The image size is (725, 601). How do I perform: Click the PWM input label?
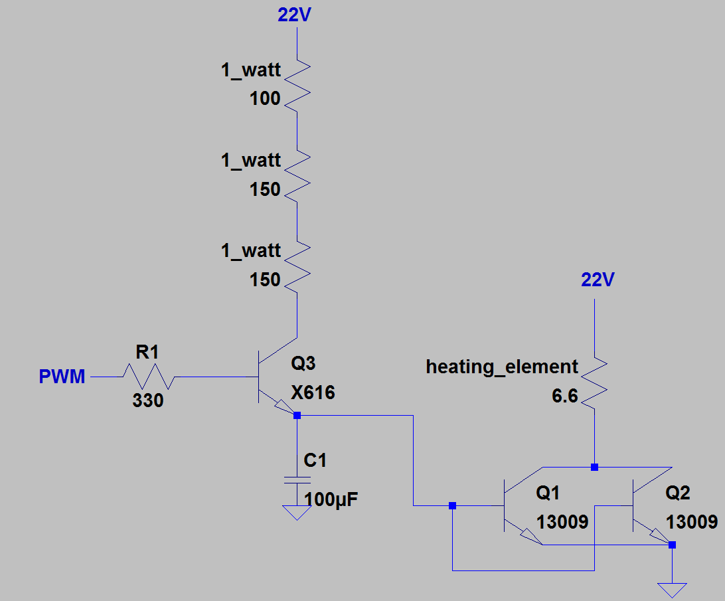(x=62, y=377)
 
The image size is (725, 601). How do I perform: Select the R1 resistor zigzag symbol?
(x=147, y=377)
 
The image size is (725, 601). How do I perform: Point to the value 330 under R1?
(x=147, y=400)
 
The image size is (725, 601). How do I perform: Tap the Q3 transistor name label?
(x=303, y=364)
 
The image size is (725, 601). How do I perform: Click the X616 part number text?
(x=313, y=393)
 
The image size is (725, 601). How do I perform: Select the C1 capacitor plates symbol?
(x=297, y=480)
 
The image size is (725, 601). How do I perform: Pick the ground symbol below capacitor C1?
(x=297, y=512)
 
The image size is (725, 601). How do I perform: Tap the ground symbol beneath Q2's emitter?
(x=672, y=588)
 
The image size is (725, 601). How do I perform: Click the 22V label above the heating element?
(x=598, y=280)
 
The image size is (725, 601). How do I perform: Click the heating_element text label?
(x=502, y=367)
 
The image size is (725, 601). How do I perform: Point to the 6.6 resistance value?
(x=564, y=396)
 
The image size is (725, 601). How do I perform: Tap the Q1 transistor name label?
(x=548, y=493)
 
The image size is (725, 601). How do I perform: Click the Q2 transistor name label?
(x=678, y=493)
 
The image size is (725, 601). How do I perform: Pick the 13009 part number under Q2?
(x=692, y=522)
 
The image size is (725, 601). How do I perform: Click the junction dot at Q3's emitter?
(x=297, y=416)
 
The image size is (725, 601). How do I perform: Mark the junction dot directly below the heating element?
(x=594, y=467)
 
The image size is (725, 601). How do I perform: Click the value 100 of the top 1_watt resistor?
(x=265, y=99)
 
